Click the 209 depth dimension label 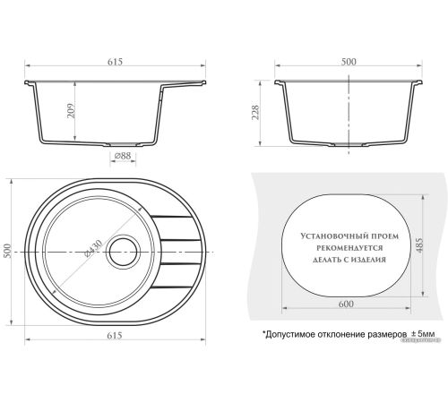(x=72, y=111)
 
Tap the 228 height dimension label (x=255, y=113)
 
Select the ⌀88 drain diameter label (x=123, y=156)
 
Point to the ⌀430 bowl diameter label (x=93, y=248)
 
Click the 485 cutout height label (x=419, y=245)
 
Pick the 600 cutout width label (x=346, y=304)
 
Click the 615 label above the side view (x=115, y=62)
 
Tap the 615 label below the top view (x=115, y=336)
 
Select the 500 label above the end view (x=349, y=62)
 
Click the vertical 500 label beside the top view (x=7, y=251)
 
